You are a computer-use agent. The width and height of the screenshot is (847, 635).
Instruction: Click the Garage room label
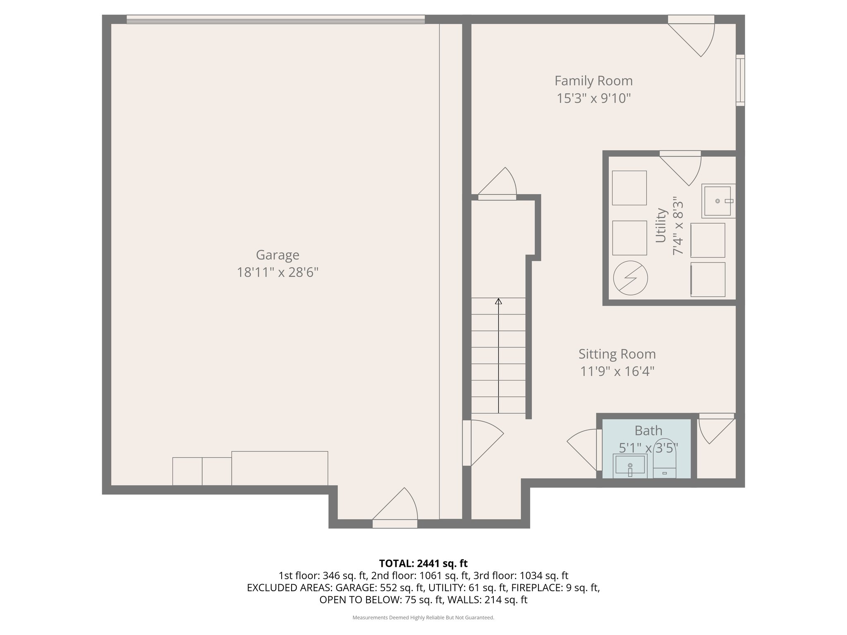click(278, 255)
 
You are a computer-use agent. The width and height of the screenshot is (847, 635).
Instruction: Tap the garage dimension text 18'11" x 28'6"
click(278, 272)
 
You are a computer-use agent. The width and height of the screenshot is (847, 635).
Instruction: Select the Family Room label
click(593, 81)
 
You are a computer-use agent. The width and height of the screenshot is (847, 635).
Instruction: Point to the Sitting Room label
click(617, 354)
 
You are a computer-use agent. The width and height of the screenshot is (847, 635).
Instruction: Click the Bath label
click(648, 431)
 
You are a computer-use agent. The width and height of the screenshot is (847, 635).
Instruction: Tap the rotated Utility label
click(661, 225)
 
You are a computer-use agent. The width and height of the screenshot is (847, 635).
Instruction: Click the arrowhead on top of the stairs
click(499, 301)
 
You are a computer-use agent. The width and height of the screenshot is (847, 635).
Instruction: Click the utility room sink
click(718, 201)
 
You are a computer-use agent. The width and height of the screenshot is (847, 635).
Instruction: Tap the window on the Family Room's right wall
click(740, 80)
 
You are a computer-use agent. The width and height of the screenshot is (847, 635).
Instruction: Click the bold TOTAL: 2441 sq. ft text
click(423, 563)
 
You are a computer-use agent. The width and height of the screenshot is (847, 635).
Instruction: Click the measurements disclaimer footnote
click(423, 618)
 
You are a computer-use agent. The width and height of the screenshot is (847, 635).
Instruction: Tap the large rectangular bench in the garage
click(280, 468)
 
